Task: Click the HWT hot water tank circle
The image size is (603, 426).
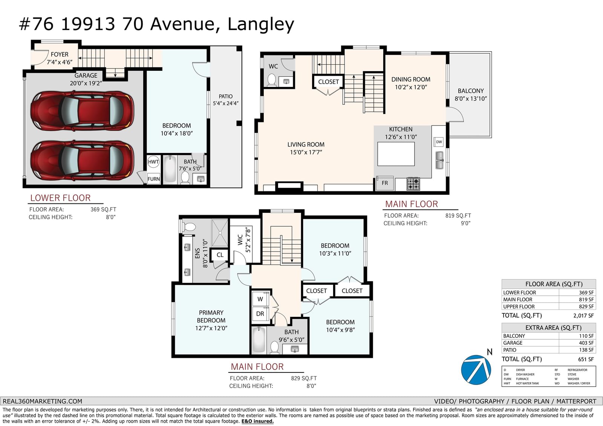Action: [153, 162]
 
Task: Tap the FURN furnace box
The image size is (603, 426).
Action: [154, 179]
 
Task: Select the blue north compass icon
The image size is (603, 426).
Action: [476, 370]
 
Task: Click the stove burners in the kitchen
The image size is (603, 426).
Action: [413, 184]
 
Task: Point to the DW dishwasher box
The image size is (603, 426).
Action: [439, 142]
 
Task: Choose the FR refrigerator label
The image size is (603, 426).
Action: [385, 183]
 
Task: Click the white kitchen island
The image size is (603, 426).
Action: [396, 154]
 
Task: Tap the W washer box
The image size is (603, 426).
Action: [260, 299]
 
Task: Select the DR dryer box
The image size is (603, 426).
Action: [260, 314]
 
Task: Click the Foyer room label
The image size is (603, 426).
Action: [60, 54]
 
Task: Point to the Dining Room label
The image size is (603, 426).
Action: [410, 79]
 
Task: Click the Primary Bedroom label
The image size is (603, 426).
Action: [211, 316]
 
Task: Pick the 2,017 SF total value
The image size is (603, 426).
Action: [583, 315]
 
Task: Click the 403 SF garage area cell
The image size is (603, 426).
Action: [586, 343]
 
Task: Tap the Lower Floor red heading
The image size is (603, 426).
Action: [60, 198]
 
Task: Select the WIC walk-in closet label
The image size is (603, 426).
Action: [240, 240]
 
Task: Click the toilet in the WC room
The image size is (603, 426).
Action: [271, 80]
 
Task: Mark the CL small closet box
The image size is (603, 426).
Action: [220, 255]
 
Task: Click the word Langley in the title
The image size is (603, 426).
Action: [261, 24]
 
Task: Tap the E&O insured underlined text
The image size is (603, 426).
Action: [257, 421]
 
